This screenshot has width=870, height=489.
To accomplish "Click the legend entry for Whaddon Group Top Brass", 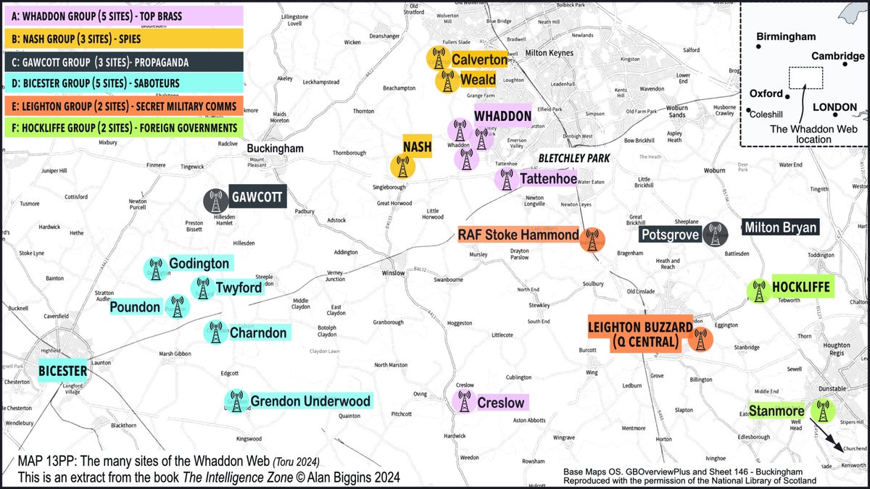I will click(122, 15).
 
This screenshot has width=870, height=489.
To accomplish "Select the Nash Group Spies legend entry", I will click(122, 38).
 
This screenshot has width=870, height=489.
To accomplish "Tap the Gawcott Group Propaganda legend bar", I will click(122, 61).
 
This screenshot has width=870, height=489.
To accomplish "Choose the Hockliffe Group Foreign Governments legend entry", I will click(122, 128).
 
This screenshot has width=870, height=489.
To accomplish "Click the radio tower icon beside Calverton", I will click(437, 58).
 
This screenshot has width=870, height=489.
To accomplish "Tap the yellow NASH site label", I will click(417, 147).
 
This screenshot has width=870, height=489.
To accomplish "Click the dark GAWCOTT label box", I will click(257, 196).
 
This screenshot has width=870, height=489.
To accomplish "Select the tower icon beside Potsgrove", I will click(716, 233).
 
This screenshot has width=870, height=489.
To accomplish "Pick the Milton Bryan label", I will click(781, 227).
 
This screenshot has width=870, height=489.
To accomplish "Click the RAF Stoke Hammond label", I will click(518, 235).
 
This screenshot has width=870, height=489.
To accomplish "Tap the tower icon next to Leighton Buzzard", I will click(700, 338).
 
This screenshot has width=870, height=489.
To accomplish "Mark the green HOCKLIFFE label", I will click(800, 287).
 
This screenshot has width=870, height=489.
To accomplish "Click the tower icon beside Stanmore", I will click(821, 411).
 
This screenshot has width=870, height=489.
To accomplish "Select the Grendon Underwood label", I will click(310, 401).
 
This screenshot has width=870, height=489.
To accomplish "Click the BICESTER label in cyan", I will click(63, 372).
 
